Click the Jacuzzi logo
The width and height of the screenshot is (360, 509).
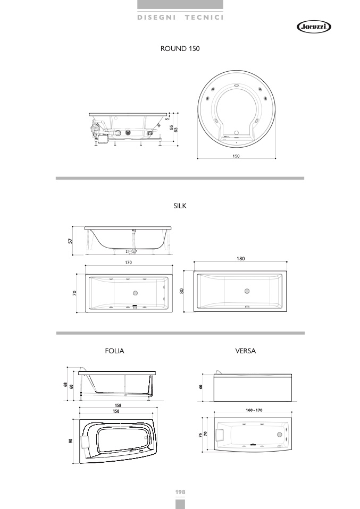coord(314,27)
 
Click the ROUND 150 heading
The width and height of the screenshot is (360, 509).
coord(180,49)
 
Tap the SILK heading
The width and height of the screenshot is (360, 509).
coord(180,206)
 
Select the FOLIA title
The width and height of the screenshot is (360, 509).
coord(115,351)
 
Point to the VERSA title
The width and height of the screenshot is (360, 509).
coord(245,351)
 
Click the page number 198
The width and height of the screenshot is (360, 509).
coord(180,492)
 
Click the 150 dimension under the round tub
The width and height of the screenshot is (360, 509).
coord(236,156)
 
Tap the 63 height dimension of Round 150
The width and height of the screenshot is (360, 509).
coord(176,130)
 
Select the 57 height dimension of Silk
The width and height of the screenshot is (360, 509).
coord(70,241)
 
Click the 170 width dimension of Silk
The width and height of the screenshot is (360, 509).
coord(129,262)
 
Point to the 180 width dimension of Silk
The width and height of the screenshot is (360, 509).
coord(240,259)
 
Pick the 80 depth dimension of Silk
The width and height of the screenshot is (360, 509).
coord(182,291)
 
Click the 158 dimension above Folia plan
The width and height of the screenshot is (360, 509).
coord(118,405)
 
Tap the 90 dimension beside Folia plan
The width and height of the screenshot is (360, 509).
coord(71,440)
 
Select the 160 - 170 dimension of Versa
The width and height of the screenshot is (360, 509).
coord(254,410)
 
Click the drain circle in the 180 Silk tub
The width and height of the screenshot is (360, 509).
coord(247,291)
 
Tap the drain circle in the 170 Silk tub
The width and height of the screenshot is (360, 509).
coord(135,293)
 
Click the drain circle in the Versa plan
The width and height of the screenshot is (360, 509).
coord(279,434)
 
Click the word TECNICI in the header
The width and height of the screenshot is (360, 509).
coord(204,18)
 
